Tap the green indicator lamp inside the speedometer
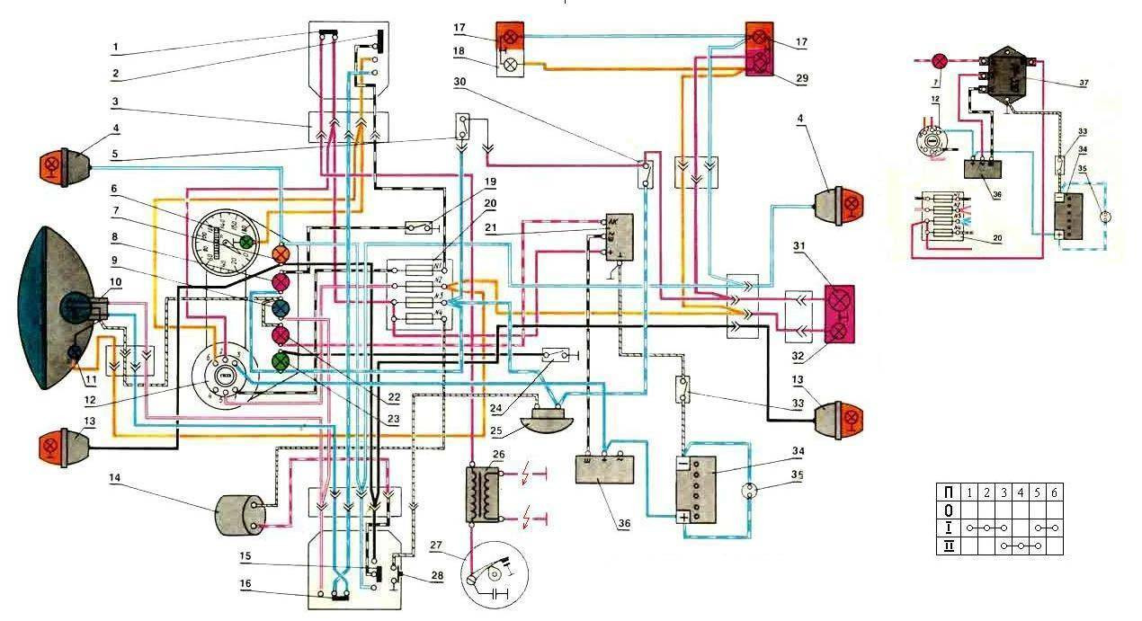[x=245, y=242]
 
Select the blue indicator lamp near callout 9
[x=280, y=310]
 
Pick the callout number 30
[x=460, y=82]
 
